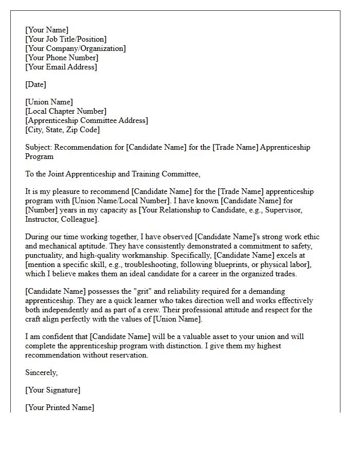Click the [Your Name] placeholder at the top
[47, 30]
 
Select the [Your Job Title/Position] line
[66, 39]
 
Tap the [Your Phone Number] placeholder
[62, 58]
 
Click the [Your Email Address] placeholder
[61, 67]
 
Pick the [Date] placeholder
[35, 84]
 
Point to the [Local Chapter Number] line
[66, 111]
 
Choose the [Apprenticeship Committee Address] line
[86, 120]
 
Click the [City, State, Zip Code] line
[62, 130]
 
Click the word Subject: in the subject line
[39, 147]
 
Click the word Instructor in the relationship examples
[43, 219]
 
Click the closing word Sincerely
[42, 372]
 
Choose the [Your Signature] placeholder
[53, 390]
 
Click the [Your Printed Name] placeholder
[60, 407]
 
